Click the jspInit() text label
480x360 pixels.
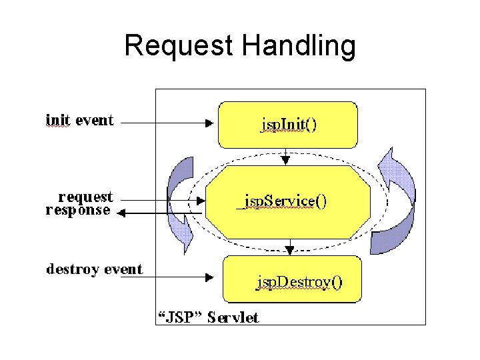click(x=288, y=125)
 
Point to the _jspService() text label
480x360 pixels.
click(x=282, y=201)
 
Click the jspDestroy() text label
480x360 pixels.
click(x=300, y=283)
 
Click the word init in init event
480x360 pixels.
click(x=57, y=120)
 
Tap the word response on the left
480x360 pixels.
click(x=78, y=210)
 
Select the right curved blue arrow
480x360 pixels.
click(x=394, y=201)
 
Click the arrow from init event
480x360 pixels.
click(x=167, y=123)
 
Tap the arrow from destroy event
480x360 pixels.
click(x=177, y=277)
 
